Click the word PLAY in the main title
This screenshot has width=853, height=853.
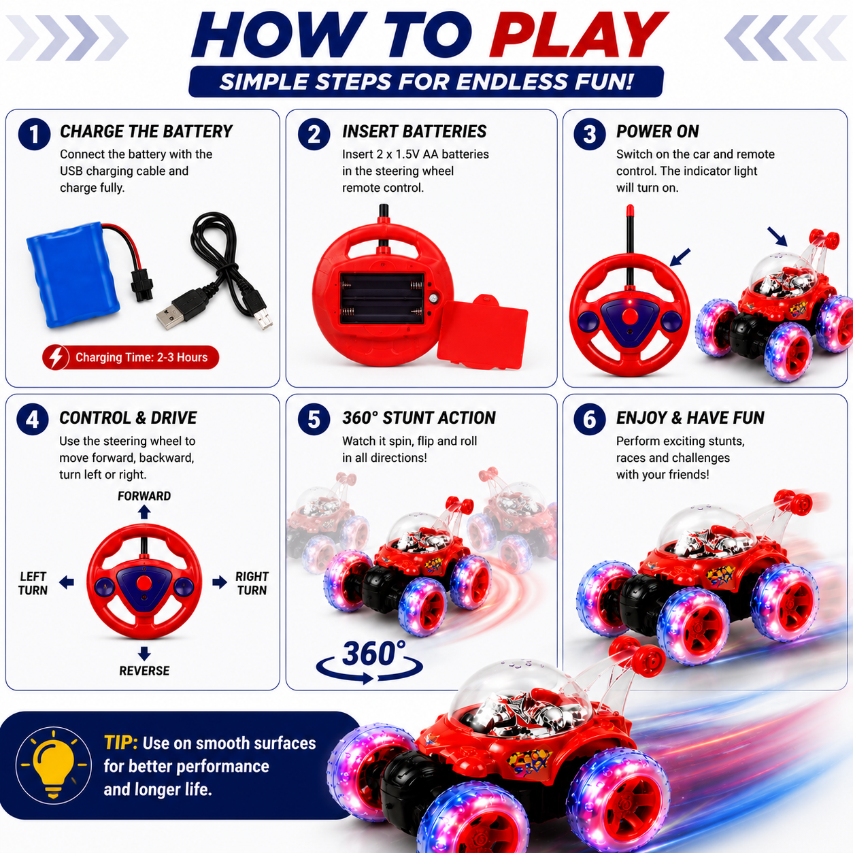pos(578,35)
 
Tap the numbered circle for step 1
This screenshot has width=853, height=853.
pos(34,134)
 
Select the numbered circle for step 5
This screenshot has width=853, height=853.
pos(314,419)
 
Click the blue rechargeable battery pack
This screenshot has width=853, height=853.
pos(73,274)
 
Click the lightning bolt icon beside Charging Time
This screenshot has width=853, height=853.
pos(56,357)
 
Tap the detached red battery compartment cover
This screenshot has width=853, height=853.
pos(482,333)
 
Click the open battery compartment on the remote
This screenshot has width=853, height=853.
pos(383,298)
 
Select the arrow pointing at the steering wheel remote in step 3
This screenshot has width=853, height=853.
pos(680,257)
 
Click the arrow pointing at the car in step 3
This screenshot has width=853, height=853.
pos(777,237)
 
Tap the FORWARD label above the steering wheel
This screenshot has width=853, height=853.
pos(144,496)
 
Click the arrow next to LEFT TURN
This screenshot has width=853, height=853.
pos(67,582)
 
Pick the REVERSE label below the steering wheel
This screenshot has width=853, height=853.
pos(144,671)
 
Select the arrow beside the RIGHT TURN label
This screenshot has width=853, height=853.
pos(220,582)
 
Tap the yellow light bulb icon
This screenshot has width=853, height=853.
pos(54,765)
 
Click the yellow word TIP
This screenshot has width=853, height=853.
pos(121,743)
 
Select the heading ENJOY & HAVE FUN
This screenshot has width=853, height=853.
pos(690,418)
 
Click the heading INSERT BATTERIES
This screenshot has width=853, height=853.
pos(414,131)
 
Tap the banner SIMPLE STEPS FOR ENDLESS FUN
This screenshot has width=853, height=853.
pos(426,82)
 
